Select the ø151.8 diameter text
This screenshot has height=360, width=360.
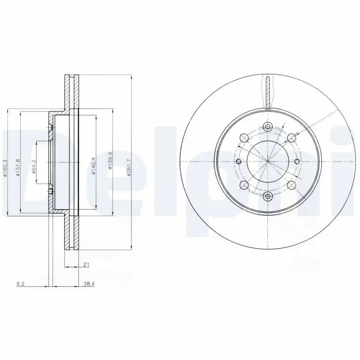[18, 168]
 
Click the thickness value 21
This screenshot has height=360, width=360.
[85, 265]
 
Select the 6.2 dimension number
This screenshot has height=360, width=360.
[20, 284]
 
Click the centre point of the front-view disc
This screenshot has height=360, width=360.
[268, 162]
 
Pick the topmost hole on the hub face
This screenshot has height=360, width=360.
[268, 127]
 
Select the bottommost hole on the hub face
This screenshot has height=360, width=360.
[268, 196]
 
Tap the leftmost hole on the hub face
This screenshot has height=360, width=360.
[238, 162]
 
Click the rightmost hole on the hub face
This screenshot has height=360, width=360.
[297, 162]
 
